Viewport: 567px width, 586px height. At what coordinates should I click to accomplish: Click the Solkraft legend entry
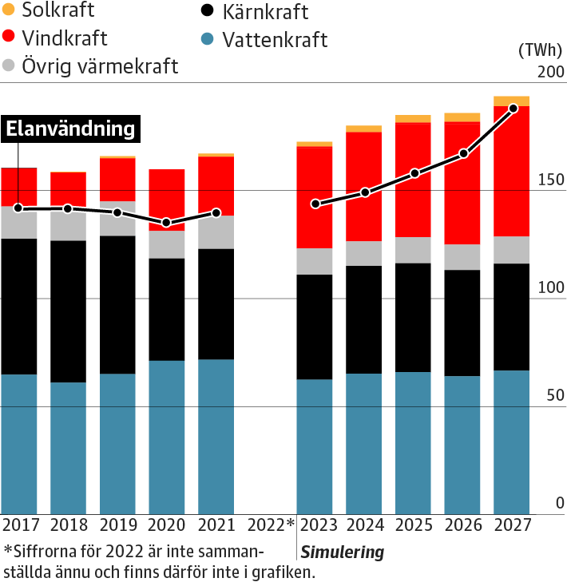point(57,10)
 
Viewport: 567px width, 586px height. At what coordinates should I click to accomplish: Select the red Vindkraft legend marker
point(9,38)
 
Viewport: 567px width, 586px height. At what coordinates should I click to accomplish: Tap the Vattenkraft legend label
point(275,40)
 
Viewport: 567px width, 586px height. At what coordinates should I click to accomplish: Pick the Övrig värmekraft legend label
point(100,66)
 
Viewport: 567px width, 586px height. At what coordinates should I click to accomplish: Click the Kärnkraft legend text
point(265,13)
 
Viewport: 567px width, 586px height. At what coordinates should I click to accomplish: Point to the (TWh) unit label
point(541,49)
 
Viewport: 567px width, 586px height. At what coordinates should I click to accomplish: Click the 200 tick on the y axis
point(549,72)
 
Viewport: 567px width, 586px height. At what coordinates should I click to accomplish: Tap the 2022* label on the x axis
point(272,525)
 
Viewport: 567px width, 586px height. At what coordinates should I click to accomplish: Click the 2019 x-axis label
point(117,525)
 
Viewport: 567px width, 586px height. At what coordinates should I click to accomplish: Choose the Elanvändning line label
point(70,129)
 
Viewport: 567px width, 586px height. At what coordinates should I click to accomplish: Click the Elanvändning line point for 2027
point(513,108)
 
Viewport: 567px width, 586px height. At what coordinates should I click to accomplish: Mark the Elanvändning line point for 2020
point(166,223)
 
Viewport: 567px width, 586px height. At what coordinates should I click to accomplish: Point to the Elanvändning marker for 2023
point(315,204)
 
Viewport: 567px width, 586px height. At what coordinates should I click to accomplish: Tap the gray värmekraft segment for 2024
point(364,253)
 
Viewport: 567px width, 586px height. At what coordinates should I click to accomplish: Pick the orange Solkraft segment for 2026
point(463,117)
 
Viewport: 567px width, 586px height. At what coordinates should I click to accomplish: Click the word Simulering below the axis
point(342,552)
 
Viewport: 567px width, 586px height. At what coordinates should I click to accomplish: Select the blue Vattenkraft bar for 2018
point(68,448)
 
